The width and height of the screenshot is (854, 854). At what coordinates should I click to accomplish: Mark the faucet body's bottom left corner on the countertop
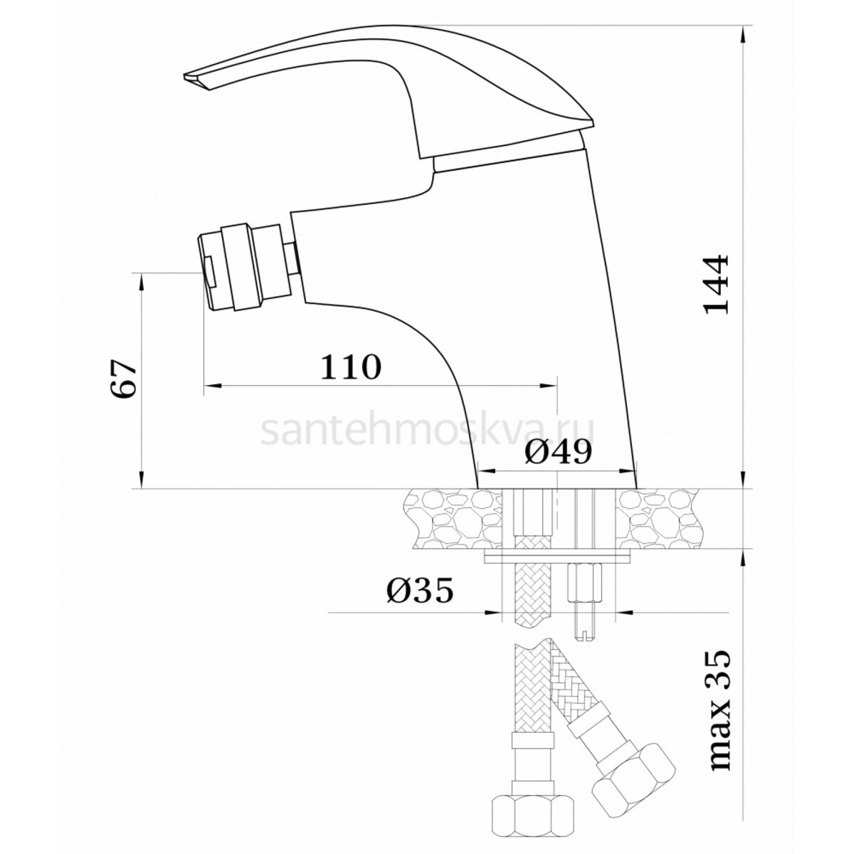[478, 489]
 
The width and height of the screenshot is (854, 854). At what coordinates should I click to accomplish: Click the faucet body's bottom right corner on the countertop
[637, 489]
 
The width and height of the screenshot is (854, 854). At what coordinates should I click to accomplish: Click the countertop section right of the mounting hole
[658, 519]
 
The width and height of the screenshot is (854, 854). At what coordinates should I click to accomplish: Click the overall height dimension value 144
[716, 284]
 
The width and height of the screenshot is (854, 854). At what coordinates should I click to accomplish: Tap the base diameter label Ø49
[559, 452]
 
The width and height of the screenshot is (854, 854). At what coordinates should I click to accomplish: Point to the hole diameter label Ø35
[420, 590]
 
